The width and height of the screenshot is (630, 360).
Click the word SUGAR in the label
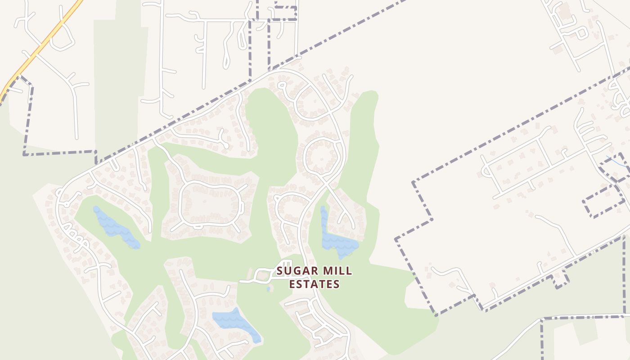point(293,271)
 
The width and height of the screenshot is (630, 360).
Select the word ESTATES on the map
point(314,284)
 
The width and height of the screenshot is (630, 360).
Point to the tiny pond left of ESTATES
point(268,289)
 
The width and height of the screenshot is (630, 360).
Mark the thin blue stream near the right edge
point(616,161)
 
